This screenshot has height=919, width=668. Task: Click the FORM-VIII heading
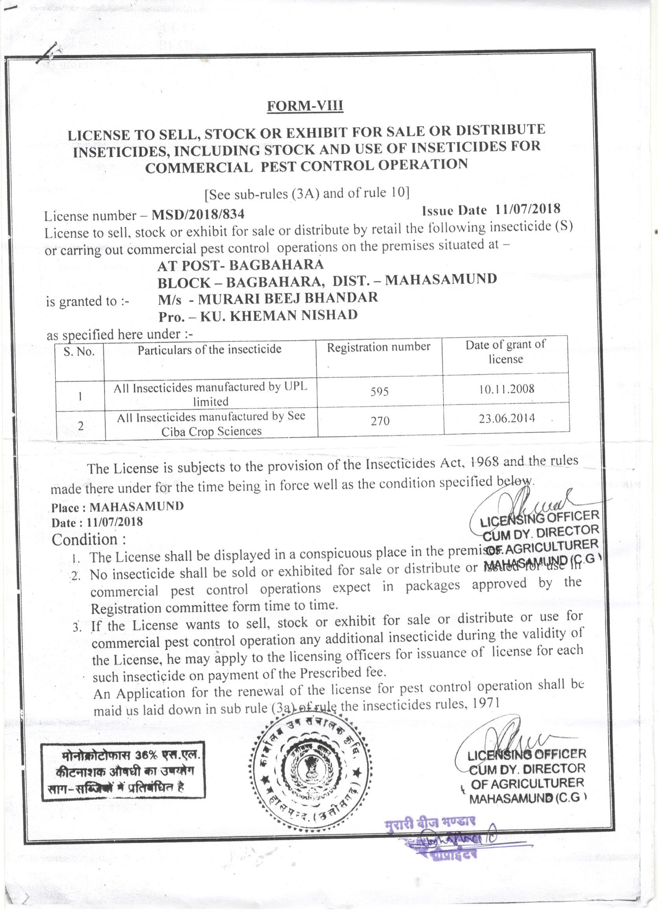click(x=305, y=106)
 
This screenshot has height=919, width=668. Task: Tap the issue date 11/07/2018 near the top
click(x=527, y=209)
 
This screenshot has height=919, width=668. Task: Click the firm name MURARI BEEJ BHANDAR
click(x=288, y=298)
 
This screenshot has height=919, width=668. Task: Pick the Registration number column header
click(x=378, y=347)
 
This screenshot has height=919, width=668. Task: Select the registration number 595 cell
click(x=380, y=391)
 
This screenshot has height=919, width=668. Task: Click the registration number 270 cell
click(x=380, y=421)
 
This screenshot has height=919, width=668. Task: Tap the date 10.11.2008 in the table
click(x=507, y=390)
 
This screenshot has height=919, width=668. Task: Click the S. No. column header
click(x=79, y=351)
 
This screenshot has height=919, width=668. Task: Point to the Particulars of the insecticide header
click(x=209, y=350)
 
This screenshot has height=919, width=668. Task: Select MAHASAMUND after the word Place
click(x=136, y=507)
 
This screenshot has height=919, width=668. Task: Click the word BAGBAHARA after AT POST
click(x=276, y=265)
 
